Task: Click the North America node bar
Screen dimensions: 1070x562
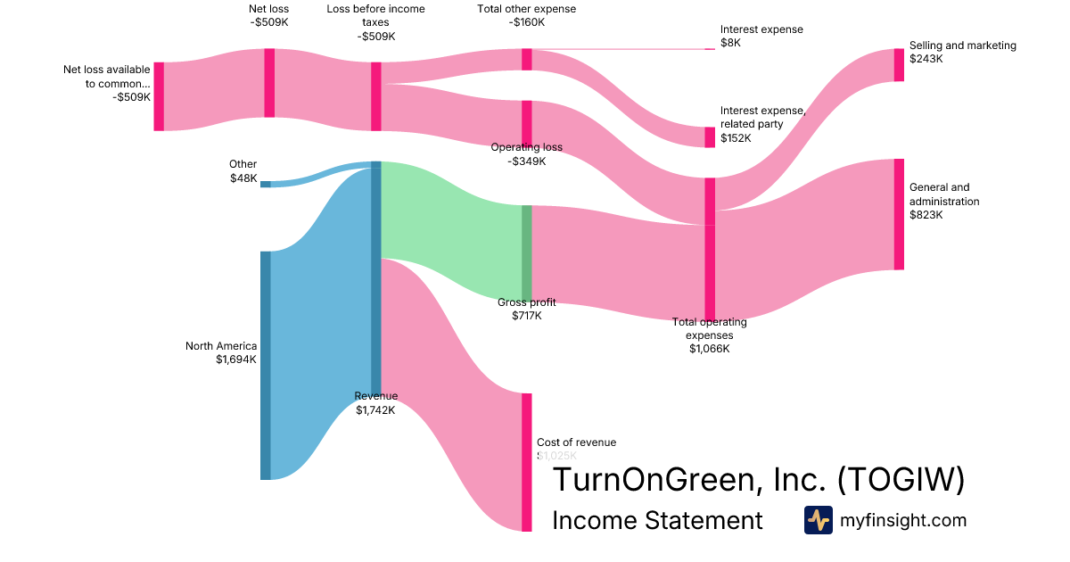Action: click(x=265, y=365)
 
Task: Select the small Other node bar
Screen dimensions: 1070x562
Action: click(x=265, y=184)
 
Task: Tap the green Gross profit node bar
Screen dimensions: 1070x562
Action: click(x=527, y=253)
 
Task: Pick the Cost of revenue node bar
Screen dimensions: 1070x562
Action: click(x=527, y=461)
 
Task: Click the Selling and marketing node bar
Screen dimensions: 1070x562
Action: click(x=899, y=65)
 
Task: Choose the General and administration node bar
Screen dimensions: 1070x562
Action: click(x=899, y=214)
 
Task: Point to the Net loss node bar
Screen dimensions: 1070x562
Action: click(x=269, y=82)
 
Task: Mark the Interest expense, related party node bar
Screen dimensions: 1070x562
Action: click(x=710, y=136)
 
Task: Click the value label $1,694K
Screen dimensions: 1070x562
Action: click(x=235, y=360)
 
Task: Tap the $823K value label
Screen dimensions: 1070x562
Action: click(x=926, y=215)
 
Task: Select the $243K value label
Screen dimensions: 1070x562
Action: click(x=926, y=59)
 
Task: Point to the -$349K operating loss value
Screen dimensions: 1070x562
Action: click(x=526, y=161)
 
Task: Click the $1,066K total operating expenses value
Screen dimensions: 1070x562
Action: click(x=709, y=349)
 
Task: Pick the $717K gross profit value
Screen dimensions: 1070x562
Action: click(x=526, y=316)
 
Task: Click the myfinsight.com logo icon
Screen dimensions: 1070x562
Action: click(x=818, y=520)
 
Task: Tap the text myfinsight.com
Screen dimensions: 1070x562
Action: click(x=903, y=520)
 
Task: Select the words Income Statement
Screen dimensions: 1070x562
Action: click(x=657, y=520)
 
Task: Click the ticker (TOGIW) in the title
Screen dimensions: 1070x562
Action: click(x=901, y=480)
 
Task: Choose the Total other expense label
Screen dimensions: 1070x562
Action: click(x=526, y=9)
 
